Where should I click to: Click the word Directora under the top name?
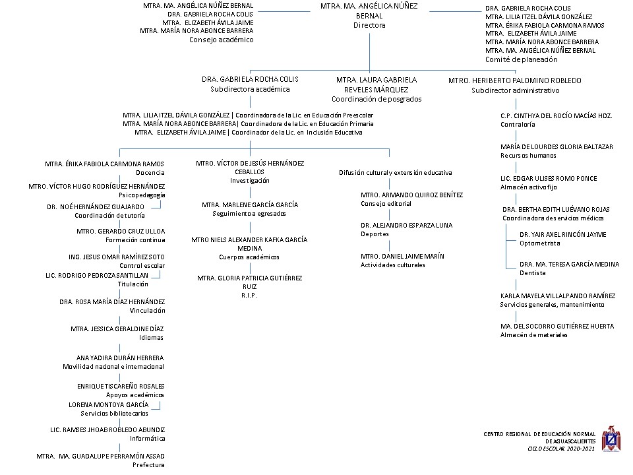(x=369, y=25)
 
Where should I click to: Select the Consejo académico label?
(x=222, y=40)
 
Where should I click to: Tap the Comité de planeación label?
(x=521, y=59)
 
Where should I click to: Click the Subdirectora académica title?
(x=250, y=89)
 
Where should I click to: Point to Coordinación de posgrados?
(x=377, y=99)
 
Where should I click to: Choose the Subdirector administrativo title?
(x=516, y=90)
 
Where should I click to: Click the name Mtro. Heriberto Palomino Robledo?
(x=515, y=80)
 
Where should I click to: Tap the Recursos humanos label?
(x=528, y=156)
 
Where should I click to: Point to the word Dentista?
(x=533, y=273)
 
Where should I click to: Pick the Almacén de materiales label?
(x=533, y=335)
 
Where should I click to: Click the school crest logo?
(x=611, y=439)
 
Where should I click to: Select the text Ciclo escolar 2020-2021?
(x=561, y=449)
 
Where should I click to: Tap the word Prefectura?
(x=148, y=465)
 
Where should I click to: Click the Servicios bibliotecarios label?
(x=114, y=413)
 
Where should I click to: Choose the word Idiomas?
(x=152, y=338)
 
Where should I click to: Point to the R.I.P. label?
(x=249, y=296)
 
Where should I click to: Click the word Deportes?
(x=375, y=234)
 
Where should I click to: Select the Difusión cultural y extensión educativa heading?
(x=395, y=172)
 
